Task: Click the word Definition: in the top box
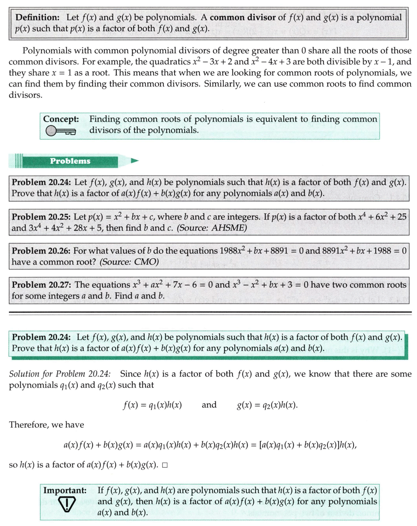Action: click(x=39, y=19)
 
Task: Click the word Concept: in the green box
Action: click(x=61, y=119)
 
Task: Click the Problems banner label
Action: click(x=70, y=161)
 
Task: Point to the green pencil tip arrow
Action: click(x=134, y=161)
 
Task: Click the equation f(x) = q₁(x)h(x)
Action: click(x=152, y=406)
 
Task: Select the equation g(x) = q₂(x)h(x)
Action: click(x=267, y=406)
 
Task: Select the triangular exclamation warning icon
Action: click(x=67, y=505)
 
